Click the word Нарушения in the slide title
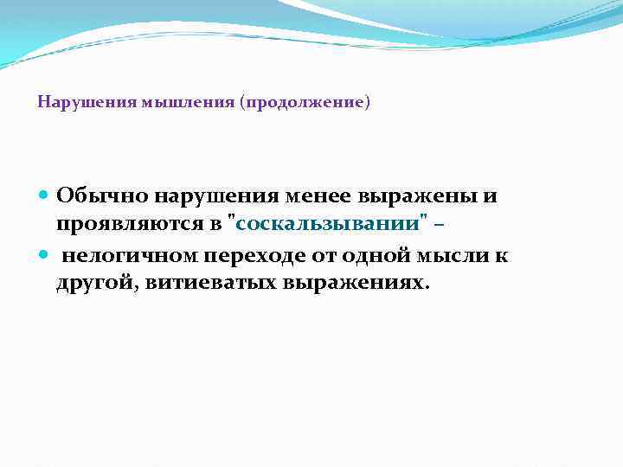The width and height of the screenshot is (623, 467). click(x=74, y=102)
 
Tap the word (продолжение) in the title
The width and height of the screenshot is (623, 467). click(x=306, y=102)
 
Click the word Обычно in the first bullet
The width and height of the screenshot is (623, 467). click(x=94, y=196)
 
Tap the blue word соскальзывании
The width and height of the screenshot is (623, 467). click(x=330, y=225)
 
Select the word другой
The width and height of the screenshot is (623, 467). click(x=93, y=285)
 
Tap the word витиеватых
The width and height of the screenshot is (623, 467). click(x=204, y=284)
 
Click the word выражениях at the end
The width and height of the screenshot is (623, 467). click(x=354, y=284)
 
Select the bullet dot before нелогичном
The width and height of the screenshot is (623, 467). click(x=44, y=255)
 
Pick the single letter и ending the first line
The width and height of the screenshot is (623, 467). click(x=491, y=196)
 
